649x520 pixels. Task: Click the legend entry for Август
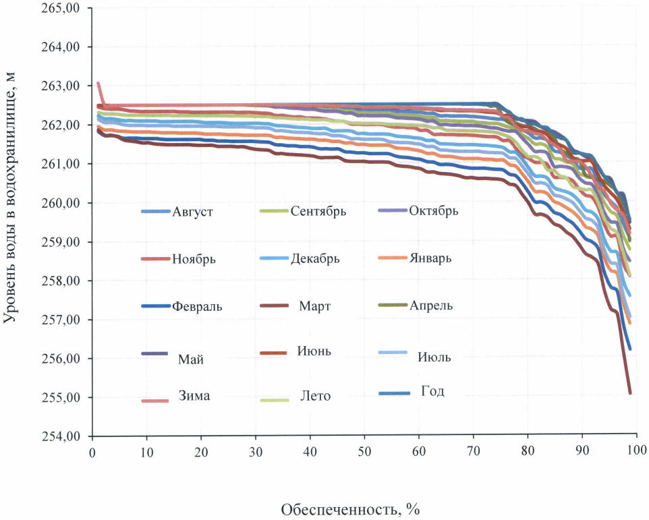192,211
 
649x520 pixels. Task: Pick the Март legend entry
314,306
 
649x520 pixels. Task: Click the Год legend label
432,391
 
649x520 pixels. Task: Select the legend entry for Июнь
314,351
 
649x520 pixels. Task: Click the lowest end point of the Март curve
630,393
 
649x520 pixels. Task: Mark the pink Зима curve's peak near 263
98,84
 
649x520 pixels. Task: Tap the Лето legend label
315,396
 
